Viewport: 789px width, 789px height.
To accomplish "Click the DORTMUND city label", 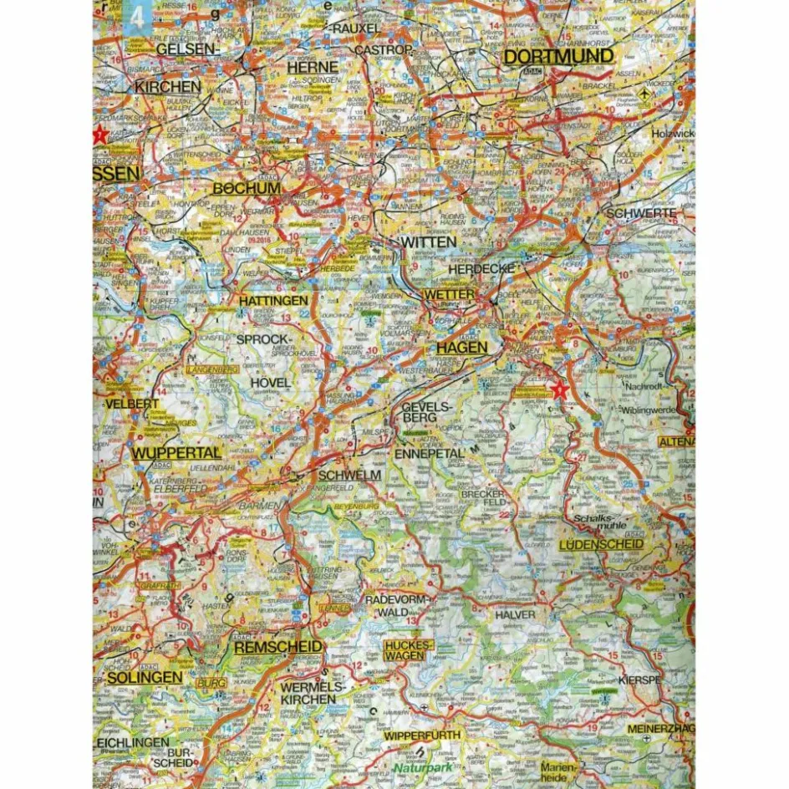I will click(x=559, y=57).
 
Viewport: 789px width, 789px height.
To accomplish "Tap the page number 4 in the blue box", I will click(x=137, y=18).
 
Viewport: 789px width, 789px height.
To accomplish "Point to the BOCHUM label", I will click(x=247, y=189).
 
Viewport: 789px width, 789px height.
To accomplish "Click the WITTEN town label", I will click(x=429, y=242).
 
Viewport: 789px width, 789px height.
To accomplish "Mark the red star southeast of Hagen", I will click(x=559, y=388).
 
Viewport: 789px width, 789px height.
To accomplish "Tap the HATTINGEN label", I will click(x=261, y=299).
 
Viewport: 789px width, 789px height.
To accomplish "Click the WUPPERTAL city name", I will click(x=176, y=452).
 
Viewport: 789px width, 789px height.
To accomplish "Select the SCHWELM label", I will click(x=356, y=475).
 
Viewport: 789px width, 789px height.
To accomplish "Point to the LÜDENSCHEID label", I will click(x=601, y=544).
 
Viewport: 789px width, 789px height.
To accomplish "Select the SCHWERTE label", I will click(x=639, y=213).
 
